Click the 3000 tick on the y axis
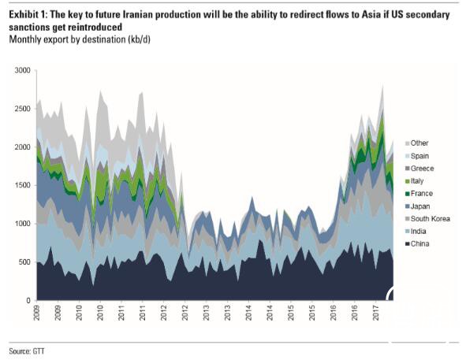coord(23,71)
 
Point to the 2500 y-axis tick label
coord(23,109)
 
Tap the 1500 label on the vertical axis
coord(23,185)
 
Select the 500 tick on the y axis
coord(24,262)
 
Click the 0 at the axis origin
coord(28,301)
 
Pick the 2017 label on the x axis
coord(376,313)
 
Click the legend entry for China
coord(417,244)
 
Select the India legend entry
coord(416,232)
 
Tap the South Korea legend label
coord(427,219)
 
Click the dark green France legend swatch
coord(407,194)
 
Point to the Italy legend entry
coord(414,181)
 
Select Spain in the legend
coord(417,156)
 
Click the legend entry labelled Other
coord(416,143)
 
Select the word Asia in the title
coord(371,14)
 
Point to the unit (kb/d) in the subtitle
coord(139,39)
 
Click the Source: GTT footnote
coord(27,351)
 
